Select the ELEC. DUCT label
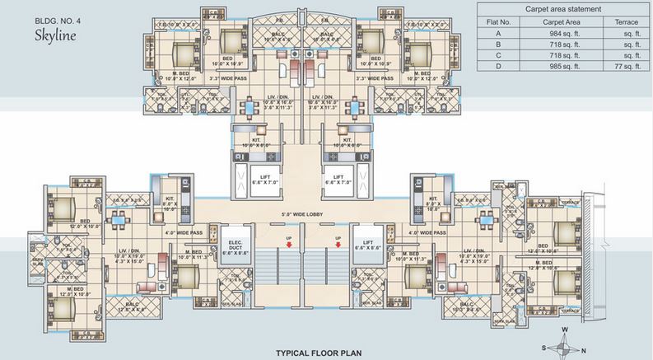(233, 245)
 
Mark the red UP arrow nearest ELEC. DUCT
(289, 241)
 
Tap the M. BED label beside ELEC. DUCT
(194, 255)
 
